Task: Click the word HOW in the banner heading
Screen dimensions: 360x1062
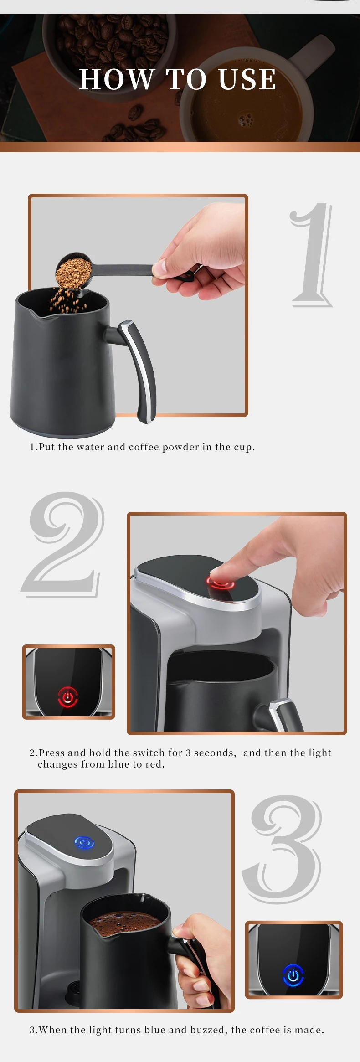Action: pyautogui.click(x=117, y=79)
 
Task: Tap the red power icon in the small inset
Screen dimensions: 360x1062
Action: pyautogui.click(x=68, y=697)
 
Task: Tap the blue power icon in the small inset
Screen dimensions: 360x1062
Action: pyautogui.click(x=293, y=975)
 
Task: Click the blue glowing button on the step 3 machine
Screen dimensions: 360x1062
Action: pyautogui.click(x=84, y=843)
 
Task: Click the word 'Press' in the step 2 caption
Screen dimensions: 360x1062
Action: pyautogui.click(x=52, y=753)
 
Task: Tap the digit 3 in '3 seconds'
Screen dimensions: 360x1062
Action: pyautogui.click(x=188, y=753)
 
